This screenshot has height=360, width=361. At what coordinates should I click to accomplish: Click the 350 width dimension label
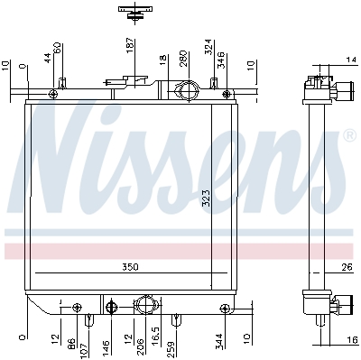click(x=130, y=267)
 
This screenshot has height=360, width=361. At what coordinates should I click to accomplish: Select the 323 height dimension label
click(x=207, y=198)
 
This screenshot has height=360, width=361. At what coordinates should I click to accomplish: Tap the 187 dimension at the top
click(x=130, y=45)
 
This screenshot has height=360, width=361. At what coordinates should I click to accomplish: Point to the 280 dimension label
click(x=183, y=59)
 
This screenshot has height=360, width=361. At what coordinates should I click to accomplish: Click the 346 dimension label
click(x=220, y=60)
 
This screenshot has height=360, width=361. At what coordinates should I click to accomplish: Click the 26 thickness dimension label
click(x=347, y=267)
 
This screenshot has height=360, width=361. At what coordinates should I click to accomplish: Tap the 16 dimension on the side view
click(x=353, y=340)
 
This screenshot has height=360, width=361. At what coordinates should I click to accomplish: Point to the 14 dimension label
click(x=351, y=60)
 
